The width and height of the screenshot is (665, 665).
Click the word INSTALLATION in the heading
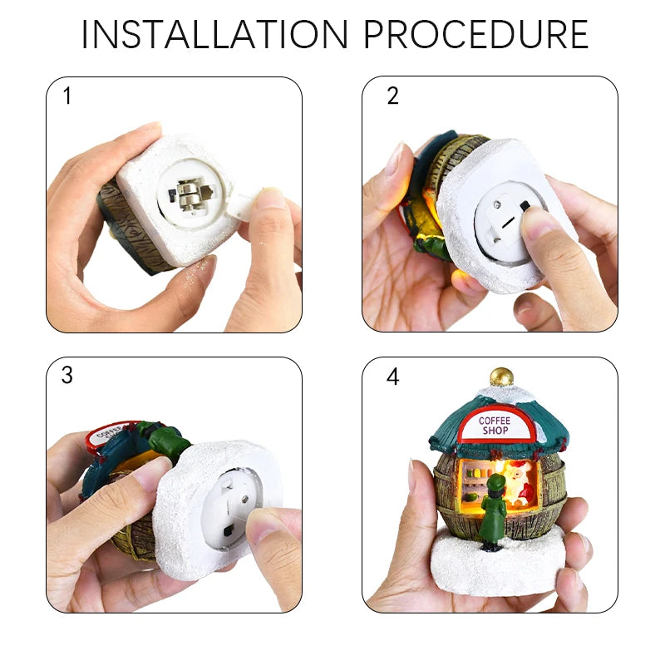click(214, 34)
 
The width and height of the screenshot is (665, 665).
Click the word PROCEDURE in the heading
click(475, 34)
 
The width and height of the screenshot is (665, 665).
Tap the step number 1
click(67, 96)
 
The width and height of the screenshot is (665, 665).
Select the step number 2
click(392, 96)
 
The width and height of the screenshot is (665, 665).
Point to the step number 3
click(67, 375)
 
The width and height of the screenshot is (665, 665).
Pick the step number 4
click(392, 376)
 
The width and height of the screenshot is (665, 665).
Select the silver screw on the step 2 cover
click(498, 203)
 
